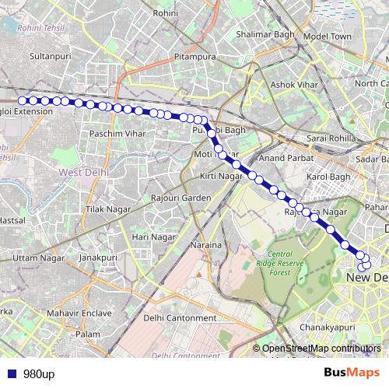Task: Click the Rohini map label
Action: point(166,13)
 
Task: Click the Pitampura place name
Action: point(194,57)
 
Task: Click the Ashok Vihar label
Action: point(289,84)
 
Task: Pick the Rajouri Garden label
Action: point(181,198)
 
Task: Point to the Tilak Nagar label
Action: point(105,210)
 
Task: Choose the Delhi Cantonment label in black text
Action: point(180,318)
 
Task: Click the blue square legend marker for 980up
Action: point(12,373)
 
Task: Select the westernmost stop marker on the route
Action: point(23,100)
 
